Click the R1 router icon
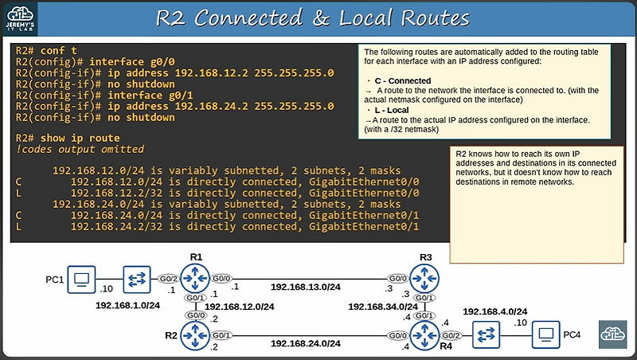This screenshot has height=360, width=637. pos(194,280)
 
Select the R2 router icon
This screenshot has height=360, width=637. pos(194,335)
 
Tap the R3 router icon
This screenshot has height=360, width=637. pos(426,280)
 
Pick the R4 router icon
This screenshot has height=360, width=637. pos(426,335)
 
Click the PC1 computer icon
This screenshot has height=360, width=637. pos(80,280)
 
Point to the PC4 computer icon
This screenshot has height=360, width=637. pos(545,335)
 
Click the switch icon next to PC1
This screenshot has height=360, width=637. pos(137,280)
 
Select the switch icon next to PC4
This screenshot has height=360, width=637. pos(485,335)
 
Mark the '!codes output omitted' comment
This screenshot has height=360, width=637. pos(80,149)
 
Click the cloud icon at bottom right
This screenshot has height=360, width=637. pos(615,333)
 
